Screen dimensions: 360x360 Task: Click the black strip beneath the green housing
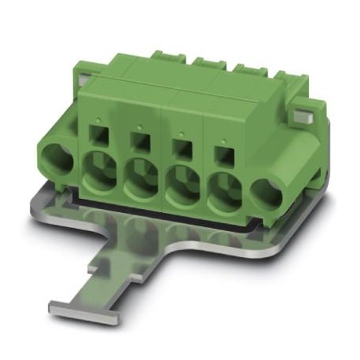pos(173,223)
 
